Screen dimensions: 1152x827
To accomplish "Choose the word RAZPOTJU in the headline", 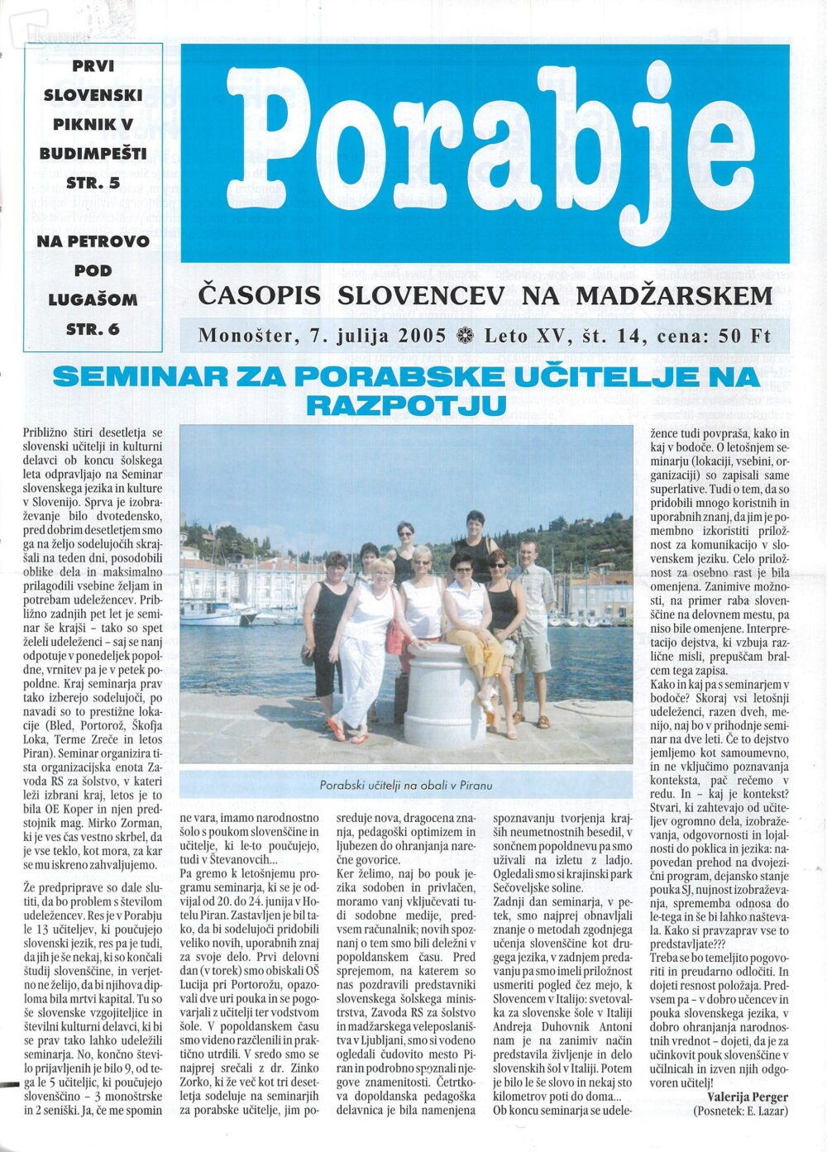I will [x=405, y=405].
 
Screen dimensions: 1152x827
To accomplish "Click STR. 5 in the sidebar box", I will [x=93, y=183].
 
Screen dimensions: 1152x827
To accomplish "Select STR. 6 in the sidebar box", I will [x=93, y=328].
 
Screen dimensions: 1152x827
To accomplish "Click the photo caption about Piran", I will [x=405, y=785].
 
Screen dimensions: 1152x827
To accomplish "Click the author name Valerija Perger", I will [x=748, y=1097].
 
